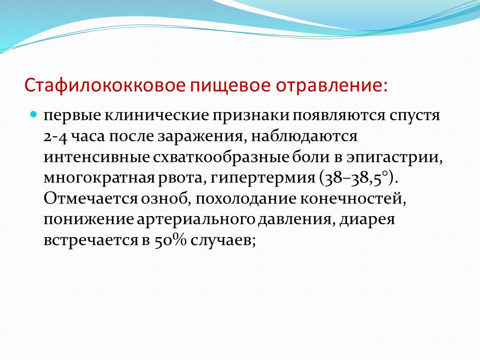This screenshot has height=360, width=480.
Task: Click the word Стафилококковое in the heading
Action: coord(105,85)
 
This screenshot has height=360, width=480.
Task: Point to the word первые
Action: coord(72,116)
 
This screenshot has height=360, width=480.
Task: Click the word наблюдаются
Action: coord(304,136)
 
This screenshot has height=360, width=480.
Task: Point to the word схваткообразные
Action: coord(221,157)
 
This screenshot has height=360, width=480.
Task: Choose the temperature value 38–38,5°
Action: coord(356,178)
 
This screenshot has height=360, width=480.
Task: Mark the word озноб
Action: coord(164,198)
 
